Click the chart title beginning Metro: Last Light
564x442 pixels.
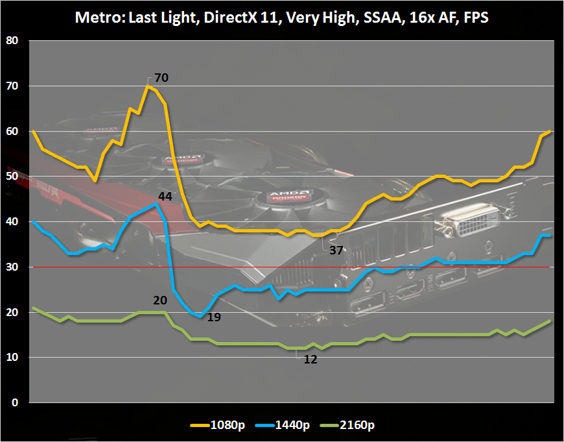click(282, 18)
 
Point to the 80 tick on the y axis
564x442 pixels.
click(13, 40)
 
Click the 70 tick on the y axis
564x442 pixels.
click(13, 86)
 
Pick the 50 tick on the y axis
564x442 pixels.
click(13, 176)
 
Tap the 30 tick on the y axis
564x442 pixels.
click(13, 267)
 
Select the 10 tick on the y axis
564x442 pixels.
click(13, 357)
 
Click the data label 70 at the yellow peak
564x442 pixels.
click(161, 78)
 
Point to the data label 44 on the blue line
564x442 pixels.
click(165, 195)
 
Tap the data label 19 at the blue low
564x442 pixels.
click(215, 317)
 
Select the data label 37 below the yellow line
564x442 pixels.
click(336, 249)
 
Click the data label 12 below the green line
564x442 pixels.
click(311, 359)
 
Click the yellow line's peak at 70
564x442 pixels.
click(148, 86)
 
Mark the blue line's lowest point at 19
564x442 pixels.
click(201, 316)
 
